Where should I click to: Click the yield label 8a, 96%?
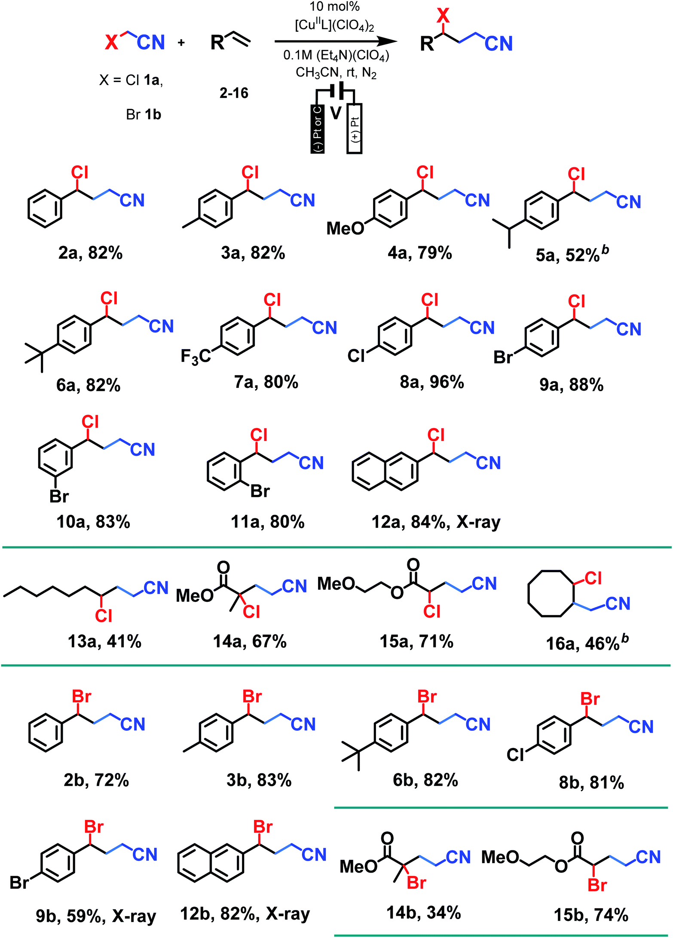pos(431,382)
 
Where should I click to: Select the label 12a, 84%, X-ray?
pos(436,522)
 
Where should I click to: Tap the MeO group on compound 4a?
pos(345,228)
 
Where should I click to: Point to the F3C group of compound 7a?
pos(196,356)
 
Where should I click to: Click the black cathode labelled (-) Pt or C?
pos(318,129)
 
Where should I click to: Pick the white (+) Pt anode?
pos(355,129)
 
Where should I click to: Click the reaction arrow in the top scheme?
pos(335,42)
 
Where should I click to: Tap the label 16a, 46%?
pos(587,643)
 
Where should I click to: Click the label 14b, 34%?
pos(423,912)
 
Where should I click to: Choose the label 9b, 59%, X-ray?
pos(96,916)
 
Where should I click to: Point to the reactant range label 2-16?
pos(234,93)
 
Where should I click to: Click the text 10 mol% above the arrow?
pos(334,6)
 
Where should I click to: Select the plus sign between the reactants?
pos(181,42)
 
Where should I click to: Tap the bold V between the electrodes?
pos(336,113)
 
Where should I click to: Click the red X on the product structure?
pos(443,16)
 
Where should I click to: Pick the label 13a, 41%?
pos(104,641)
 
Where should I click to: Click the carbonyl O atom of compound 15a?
pos(413,564)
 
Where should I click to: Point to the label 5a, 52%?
pos(572,255)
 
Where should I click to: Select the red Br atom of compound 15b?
pos(597,885)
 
